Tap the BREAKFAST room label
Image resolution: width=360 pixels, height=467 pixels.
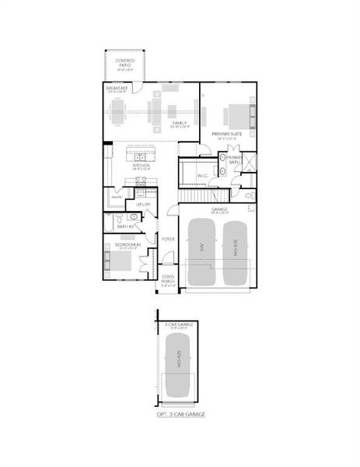click(x=117, y=89)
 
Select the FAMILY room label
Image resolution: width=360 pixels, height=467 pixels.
click(x=180, y=122)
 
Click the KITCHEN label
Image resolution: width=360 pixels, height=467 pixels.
click(x=141, y=165)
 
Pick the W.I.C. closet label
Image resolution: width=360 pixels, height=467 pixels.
click(x=202, y=175)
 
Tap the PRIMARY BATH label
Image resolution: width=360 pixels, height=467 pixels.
click(x=235, y=159)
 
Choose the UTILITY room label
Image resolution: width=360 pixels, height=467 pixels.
click(x=143, y=204)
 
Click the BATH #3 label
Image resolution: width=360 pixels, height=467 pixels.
click(x=126, y=226)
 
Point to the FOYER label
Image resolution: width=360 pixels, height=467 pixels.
click(x=168, y=239)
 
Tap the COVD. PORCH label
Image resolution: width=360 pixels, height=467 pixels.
click(x=168, y=279)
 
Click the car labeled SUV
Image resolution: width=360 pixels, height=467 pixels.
click(x=201, y=251)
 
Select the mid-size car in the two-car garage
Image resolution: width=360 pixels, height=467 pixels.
click(x=236, y=252)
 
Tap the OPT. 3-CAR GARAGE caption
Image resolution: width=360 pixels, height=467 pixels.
click(x=180, y=415)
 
